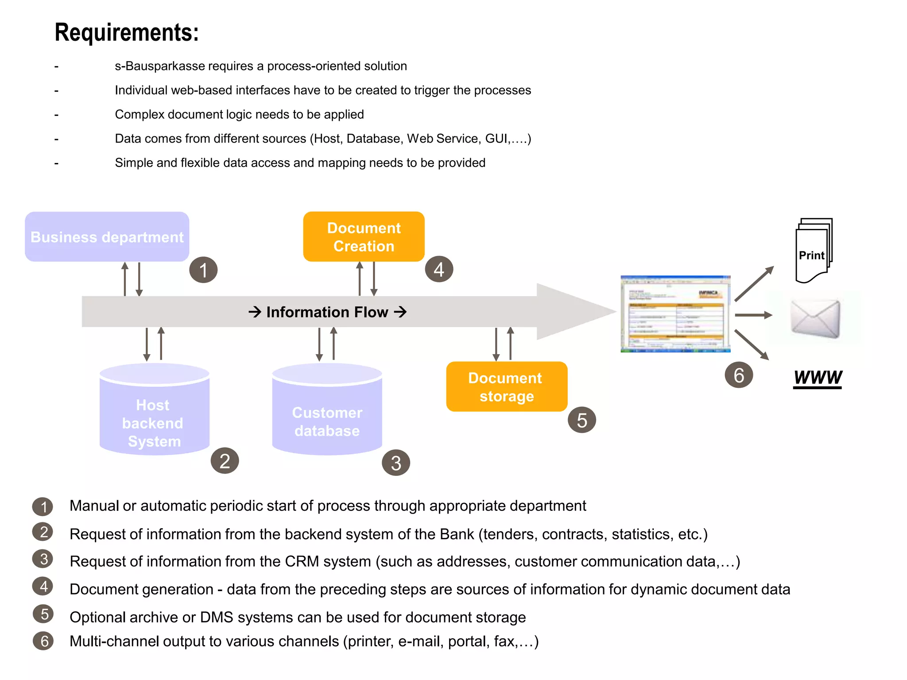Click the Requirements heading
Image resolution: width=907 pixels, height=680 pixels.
click(127, 32)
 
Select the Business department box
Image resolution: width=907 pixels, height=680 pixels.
click(107, 237)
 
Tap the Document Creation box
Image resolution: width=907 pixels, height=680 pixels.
click(364, 237)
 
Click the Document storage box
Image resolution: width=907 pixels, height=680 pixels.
click(506, 386)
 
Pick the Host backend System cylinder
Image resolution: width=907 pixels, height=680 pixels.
click(154, 414)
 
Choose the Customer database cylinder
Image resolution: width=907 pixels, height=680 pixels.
click(327, 414)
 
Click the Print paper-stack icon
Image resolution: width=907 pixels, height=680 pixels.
click(813, 251)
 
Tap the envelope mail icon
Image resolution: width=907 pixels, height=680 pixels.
click(815, 318)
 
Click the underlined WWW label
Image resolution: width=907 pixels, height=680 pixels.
click(818, 378)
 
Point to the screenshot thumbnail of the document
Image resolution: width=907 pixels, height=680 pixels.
click(675, 314)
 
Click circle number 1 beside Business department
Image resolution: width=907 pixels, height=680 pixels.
click(203, 270)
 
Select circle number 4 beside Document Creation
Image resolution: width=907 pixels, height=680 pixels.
click(439, 269)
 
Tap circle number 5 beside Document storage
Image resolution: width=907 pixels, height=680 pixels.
click(581, 420)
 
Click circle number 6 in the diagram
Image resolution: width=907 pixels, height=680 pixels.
click(738, 375)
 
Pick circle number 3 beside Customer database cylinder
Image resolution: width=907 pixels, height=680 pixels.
click(395, 463)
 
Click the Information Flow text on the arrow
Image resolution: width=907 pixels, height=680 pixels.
click(327, 312)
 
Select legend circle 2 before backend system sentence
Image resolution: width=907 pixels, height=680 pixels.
click(43, 532)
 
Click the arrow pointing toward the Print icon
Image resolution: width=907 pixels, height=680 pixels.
click(754, 284)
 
